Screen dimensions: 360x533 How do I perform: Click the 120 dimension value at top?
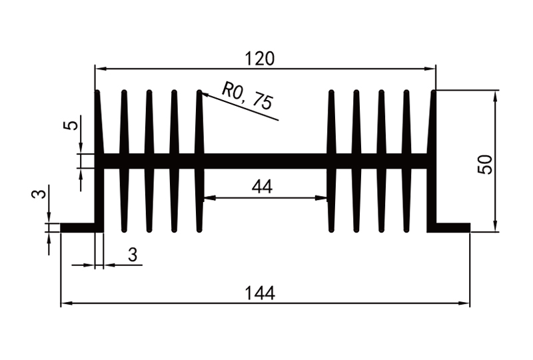pos(260,59)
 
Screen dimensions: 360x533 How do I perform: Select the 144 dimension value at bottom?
pos(260,293)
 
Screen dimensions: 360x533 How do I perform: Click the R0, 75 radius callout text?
pos(247,97)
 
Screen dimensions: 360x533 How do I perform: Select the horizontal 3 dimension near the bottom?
pos(133,255)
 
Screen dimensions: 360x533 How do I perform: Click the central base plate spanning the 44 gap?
pos(265,161)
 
